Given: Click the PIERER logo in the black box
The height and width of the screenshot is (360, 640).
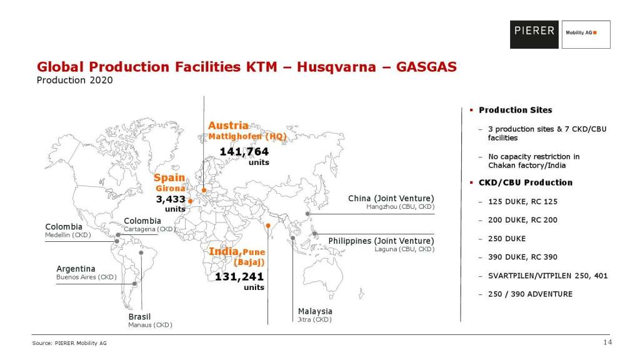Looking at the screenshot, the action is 534,34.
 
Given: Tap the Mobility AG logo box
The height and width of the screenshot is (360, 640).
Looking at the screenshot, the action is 586,34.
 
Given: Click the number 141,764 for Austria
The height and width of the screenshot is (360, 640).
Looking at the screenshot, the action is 244,151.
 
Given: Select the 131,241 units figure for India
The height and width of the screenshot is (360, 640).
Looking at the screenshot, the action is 239,276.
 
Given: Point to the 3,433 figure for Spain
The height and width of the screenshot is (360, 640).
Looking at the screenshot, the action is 171,199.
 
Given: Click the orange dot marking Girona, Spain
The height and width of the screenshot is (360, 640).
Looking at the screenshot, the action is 190,201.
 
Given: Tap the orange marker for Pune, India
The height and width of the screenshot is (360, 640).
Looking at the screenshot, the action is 267,225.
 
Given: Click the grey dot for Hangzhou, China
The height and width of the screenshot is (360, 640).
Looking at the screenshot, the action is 307,214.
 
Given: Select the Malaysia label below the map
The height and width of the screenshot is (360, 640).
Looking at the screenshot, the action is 315,311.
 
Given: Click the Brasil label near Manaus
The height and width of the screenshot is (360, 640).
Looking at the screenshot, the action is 139,317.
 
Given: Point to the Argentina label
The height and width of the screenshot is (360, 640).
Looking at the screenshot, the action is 76,269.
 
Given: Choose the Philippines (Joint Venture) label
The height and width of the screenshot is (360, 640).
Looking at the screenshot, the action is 381,241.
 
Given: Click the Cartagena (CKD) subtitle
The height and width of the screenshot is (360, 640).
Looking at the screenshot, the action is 149,229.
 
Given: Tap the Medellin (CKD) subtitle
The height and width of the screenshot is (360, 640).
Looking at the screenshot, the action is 68,235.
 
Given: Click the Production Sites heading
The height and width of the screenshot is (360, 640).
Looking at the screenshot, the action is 516,110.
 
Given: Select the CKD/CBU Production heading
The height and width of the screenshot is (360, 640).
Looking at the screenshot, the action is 526,183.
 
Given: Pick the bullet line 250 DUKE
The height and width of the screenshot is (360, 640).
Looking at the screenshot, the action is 507,239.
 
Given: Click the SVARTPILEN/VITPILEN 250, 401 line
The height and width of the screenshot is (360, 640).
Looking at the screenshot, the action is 547,276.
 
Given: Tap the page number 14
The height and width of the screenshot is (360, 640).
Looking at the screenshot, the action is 607,342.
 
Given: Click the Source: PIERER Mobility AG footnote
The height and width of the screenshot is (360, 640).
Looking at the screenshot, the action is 69,343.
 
